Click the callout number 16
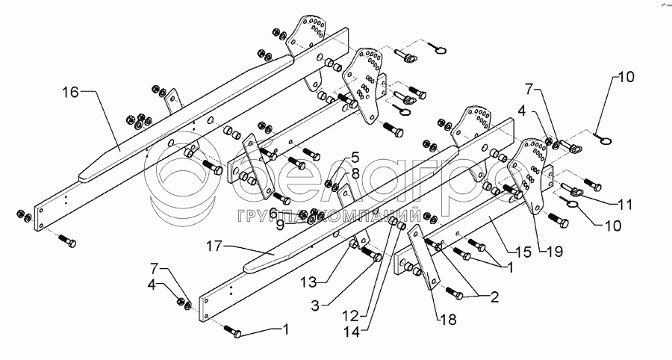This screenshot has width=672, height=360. click(70, 93)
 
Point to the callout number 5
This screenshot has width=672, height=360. click(354, 158)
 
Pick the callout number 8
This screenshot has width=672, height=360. click(354, 173)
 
